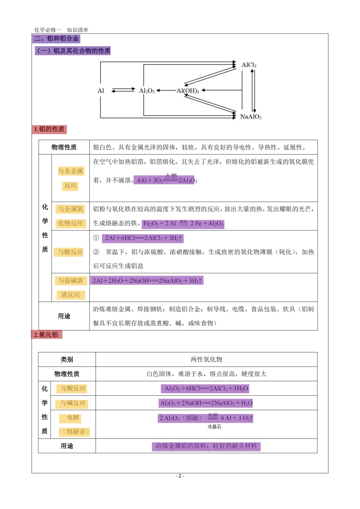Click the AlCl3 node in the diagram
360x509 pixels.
249,65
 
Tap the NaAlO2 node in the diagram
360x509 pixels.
251,117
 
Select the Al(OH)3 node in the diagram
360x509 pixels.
188,91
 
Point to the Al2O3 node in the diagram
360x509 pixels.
147,91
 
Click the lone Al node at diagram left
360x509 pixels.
101,91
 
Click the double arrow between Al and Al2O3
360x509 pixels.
123,90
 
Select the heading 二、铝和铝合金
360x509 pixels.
56,39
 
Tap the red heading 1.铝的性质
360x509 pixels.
49,129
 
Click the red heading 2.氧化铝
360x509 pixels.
46,335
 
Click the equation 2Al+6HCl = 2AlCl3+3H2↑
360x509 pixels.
143,238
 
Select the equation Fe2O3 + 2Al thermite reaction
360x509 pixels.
183,224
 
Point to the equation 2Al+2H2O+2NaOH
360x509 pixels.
147,281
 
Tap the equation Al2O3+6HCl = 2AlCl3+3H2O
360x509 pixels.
206,389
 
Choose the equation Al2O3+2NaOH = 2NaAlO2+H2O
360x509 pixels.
206,403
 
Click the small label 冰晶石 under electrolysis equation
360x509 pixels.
214,427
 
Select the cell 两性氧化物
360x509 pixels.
206,359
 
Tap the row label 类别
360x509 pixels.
67,359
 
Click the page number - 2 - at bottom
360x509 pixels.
180,476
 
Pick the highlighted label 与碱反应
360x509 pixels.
73,403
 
